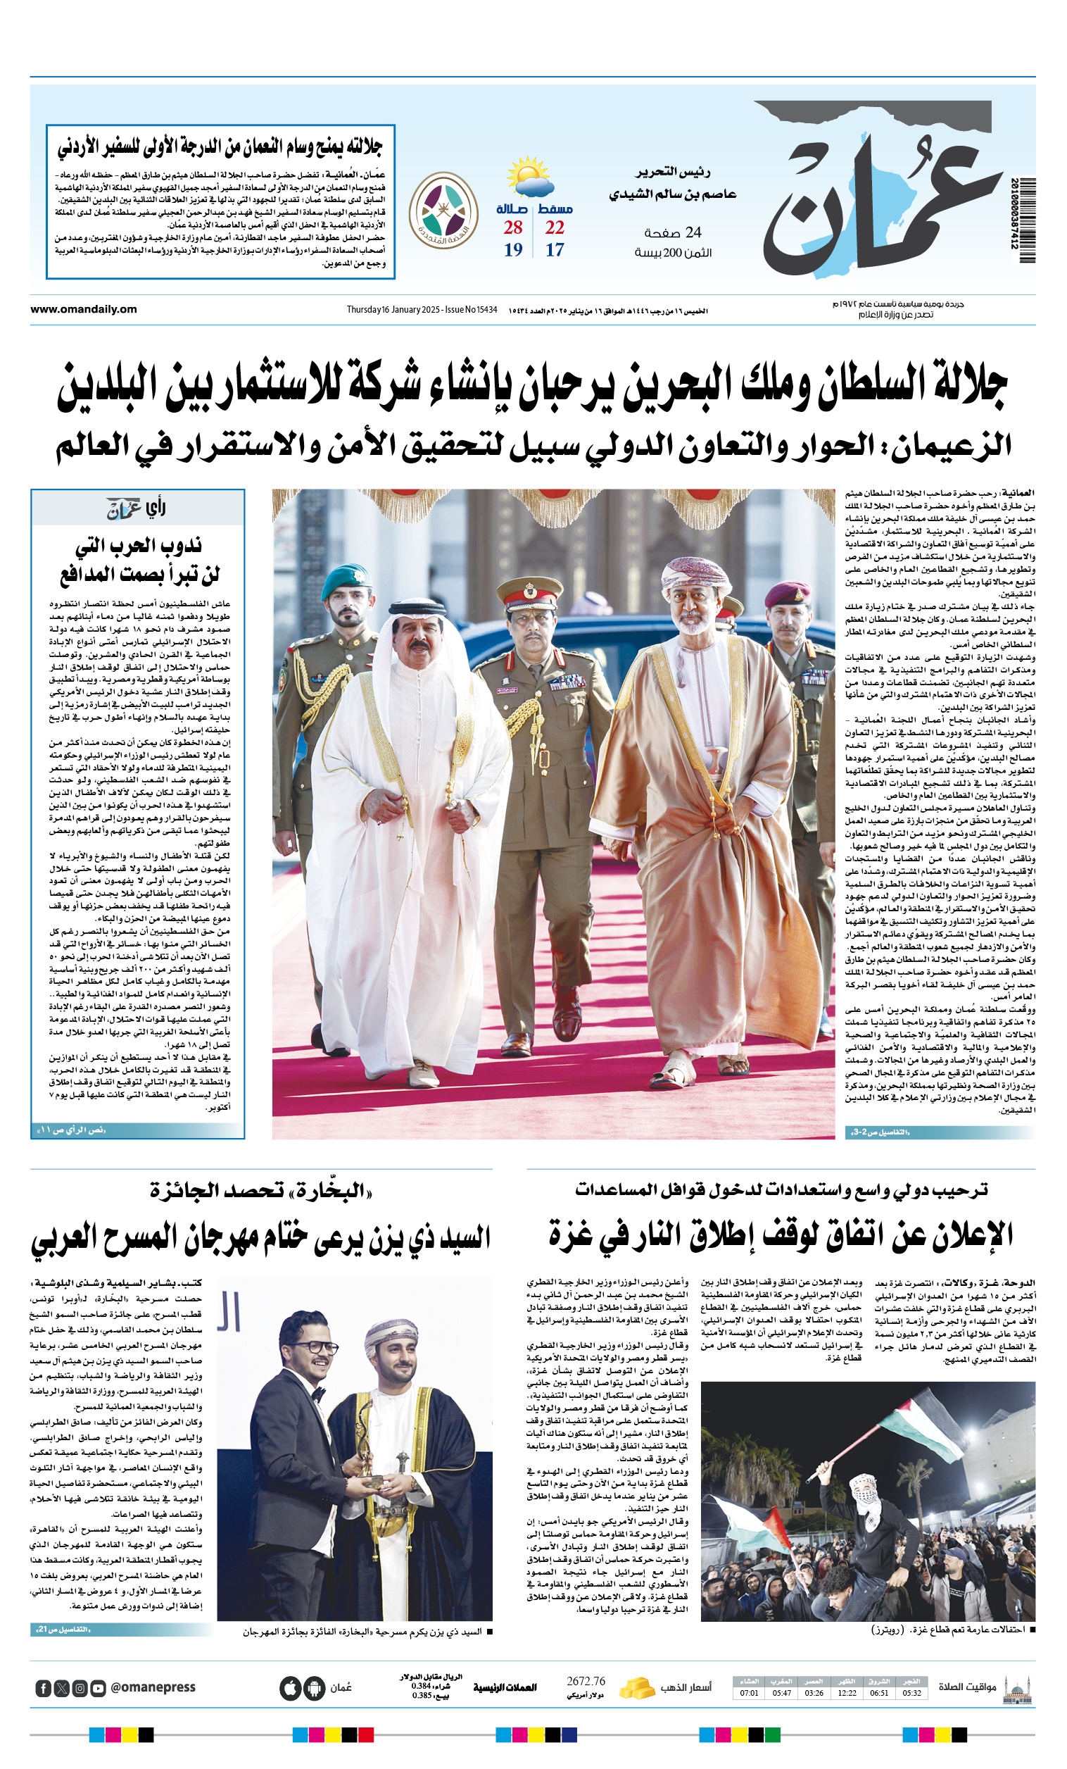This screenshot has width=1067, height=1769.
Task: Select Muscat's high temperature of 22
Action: click(x=554, y=227)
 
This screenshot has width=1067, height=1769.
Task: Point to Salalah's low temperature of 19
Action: click(x=512, y=250)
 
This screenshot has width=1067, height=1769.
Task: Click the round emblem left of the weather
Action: click(x=443, y=211)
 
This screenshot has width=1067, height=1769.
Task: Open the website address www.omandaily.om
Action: click(x=83, y=309)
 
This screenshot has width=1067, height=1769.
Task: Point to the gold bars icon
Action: click(x=636, y=1688)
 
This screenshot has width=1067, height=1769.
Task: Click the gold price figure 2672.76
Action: click(x=586, y=1682)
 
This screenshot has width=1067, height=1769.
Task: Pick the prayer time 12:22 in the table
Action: click(x=847, y=1693)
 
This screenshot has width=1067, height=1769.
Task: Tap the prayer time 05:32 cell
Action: click(x=911, y=1693)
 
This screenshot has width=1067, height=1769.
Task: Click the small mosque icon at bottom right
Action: click(x=1018, y=1689)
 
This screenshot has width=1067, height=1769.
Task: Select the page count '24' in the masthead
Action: click(x=693, y=232)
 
